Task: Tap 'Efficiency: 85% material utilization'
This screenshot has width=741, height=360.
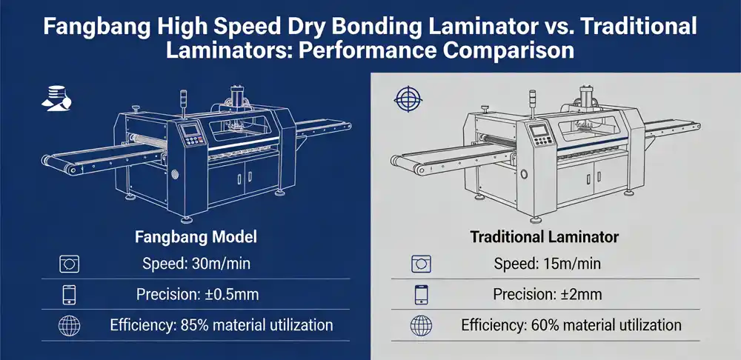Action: coord(221,324)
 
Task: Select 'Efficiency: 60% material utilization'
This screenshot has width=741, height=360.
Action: coord(571,324)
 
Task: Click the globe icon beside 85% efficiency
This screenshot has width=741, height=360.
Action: coord(67,325)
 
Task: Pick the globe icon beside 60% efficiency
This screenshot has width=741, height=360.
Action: coord(420,325)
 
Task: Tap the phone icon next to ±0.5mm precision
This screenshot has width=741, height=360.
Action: coord(67,295)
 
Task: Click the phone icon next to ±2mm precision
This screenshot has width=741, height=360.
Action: coord(420,295)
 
